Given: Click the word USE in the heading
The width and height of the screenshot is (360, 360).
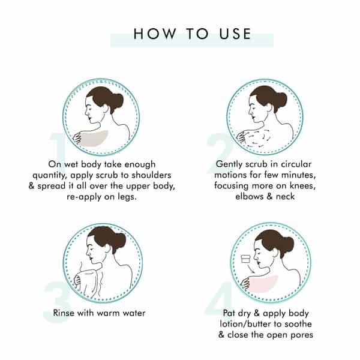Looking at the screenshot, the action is (x=235, y=34).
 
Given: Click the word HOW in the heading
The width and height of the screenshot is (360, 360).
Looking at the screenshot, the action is (x=155, y=34).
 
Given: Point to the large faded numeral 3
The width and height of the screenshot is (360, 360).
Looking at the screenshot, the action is (x=57, y=302).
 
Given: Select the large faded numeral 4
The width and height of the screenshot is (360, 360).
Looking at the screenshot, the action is (x=218, y=298).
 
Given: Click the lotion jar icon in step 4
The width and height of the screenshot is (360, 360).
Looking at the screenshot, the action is (x=246, y=259).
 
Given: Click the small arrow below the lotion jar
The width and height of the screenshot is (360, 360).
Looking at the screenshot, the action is (x=251, y=269).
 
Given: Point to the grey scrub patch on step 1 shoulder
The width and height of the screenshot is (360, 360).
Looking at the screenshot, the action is (x=93, y=138).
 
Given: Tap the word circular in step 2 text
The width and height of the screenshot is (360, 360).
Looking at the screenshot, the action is (x=296, y=164).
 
